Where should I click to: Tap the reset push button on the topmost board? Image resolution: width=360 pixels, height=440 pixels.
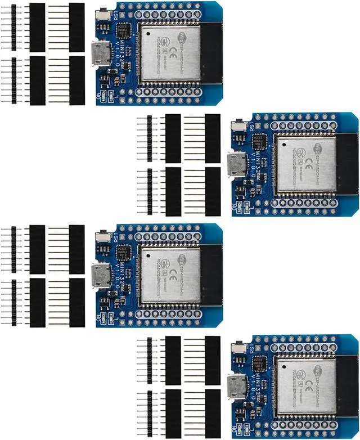(104, 14)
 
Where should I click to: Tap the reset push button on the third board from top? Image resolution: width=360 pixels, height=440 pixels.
(104, 237)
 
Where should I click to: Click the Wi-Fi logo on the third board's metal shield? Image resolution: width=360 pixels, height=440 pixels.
(182, 259)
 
